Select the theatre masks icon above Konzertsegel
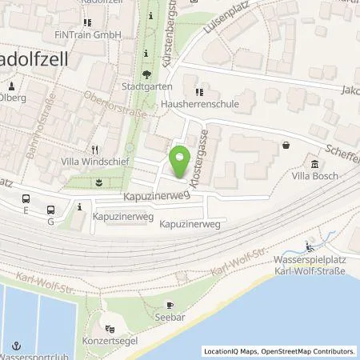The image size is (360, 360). click(x=112, y=328)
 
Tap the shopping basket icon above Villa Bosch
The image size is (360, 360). click(x=286, y=146)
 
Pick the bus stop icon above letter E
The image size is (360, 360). click(x=26, y=198)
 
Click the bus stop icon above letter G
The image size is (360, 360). click(x=51, y=210)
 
